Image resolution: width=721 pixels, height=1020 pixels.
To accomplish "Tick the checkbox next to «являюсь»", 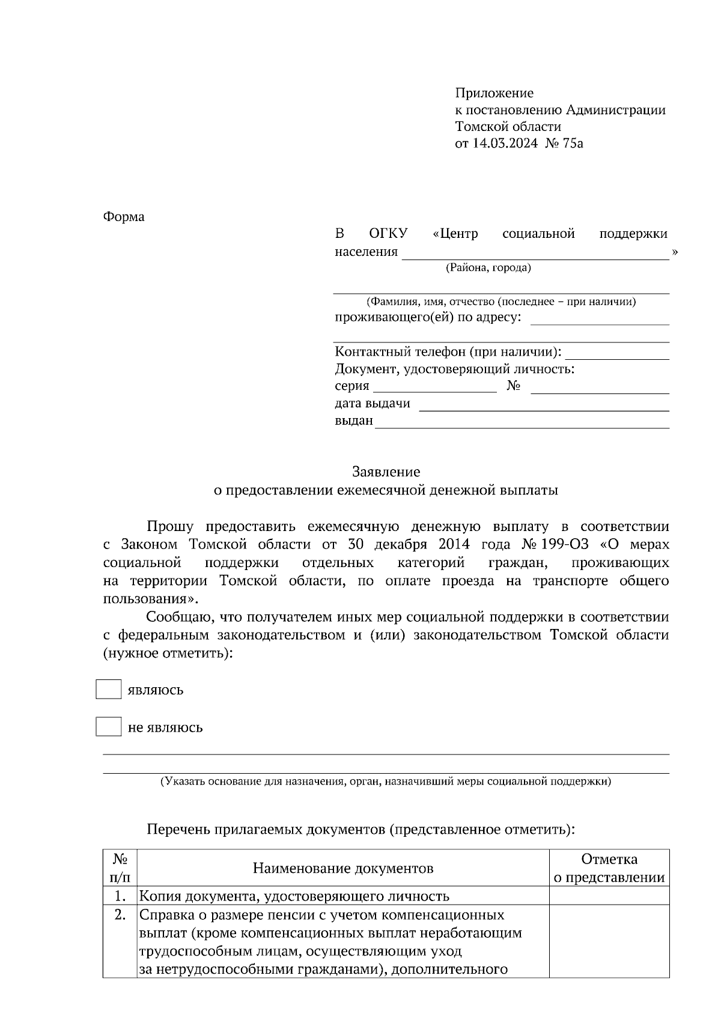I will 108,689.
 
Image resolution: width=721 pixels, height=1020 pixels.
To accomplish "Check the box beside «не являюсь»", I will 108,727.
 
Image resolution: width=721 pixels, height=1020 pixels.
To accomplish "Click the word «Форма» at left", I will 124,217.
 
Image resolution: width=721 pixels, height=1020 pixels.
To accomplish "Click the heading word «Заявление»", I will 386,472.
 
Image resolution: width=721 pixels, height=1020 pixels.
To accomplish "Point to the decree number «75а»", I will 573,144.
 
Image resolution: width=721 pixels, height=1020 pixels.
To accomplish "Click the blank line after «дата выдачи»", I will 543,405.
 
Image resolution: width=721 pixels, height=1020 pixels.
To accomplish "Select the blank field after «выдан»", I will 521,423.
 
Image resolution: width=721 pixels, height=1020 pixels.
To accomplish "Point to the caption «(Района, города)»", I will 488,268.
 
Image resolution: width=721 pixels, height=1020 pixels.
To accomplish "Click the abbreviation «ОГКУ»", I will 388,234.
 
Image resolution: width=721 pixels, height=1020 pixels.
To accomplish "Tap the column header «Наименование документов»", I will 342,868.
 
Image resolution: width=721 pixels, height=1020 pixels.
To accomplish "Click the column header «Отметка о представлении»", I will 609,868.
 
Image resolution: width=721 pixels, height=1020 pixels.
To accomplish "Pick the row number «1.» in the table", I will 120,896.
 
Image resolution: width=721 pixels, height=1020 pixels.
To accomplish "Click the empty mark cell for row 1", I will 609,896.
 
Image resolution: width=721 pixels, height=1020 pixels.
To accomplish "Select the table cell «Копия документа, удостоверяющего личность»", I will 294,896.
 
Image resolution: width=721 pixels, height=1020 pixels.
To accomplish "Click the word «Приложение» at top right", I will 494,93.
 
